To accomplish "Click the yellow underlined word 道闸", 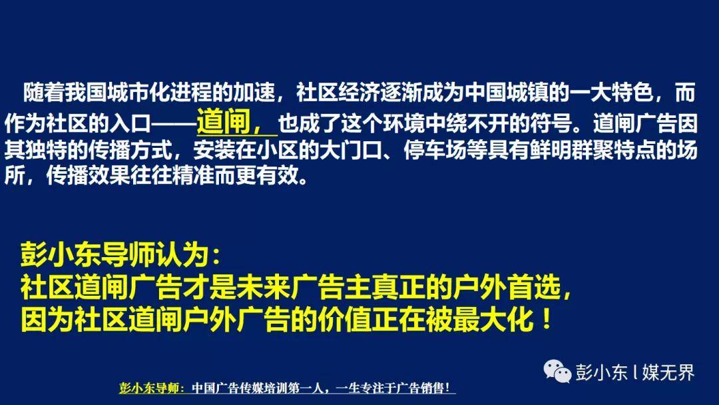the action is point(223,121).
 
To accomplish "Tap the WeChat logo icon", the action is point(557,371).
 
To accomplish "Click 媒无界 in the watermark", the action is point(668,372).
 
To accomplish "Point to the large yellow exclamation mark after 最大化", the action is point(546,319).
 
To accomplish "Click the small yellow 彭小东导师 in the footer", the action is point(149,388).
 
